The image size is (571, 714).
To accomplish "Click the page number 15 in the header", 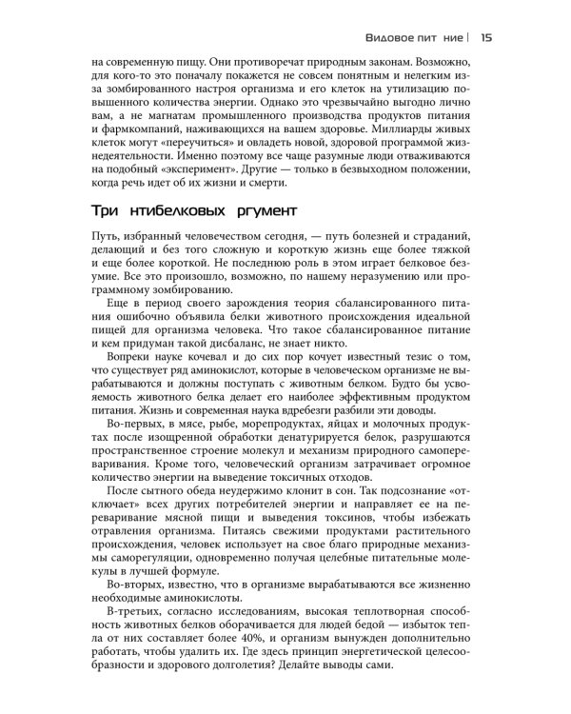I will tap(485, 39).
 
